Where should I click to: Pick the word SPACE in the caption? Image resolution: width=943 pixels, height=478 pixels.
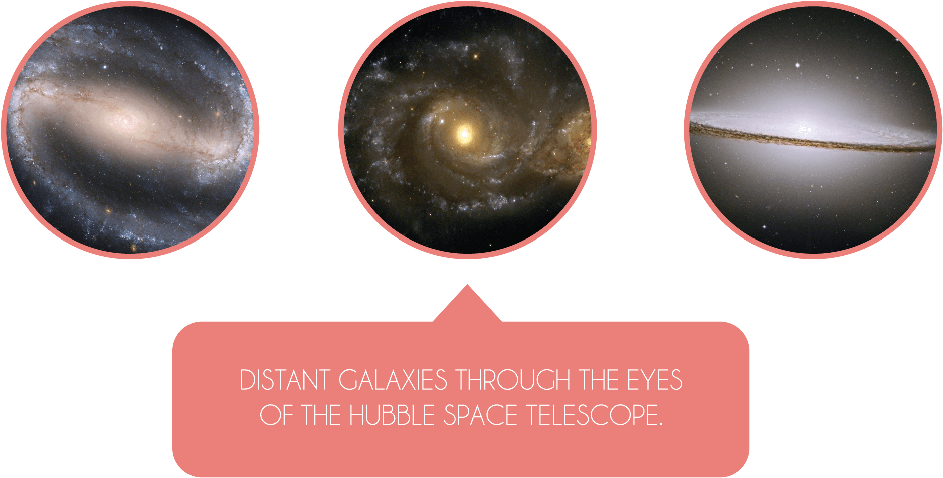pos(480,415)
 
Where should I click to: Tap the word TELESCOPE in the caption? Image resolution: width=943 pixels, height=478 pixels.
pos(591,415)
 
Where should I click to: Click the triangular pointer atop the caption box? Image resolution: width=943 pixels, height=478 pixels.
pos(467,306)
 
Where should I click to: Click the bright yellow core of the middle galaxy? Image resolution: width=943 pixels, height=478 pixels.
pos(464,134)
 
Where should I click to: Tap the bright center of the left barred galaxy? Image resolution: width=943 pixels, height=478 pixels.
pos(125,120)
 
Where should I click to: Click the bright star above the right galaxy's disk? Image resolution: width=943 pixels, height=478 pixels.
pos(798,65)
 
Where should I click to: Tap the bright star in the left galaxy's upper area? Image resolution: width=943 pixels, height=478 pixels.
pos(105,66)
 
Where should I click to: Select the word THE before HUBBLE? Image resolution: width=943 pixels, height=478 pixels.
pos(321,415)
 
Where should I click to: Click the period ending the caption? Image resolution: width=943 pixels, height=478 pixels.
pos(660,424)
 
